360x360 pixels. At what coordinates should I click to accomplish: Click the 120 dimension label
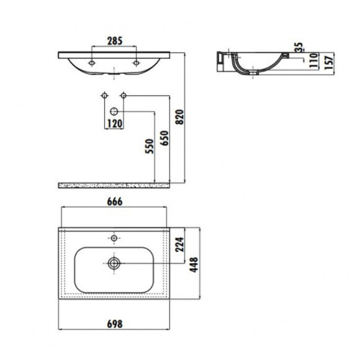coord(114,123)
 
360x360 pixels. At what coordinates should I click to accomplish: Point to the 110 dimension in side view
coord(314,60)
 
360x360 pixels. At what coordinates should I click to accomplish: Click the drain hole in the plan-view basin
coord(114,263)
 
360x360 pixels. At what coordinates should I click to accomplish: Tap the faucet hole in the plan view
coord(114,237)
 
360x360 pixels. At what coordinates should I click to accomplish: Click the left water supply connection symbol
coord(103,96)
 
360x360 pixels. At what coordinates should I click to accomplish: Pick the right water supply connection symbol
coord(124,96)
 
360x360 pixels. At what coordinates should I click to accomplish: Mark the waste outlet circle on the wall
coord(114,110)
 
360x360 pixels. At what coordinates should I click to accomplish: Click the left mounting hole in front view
coord(92,63)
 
